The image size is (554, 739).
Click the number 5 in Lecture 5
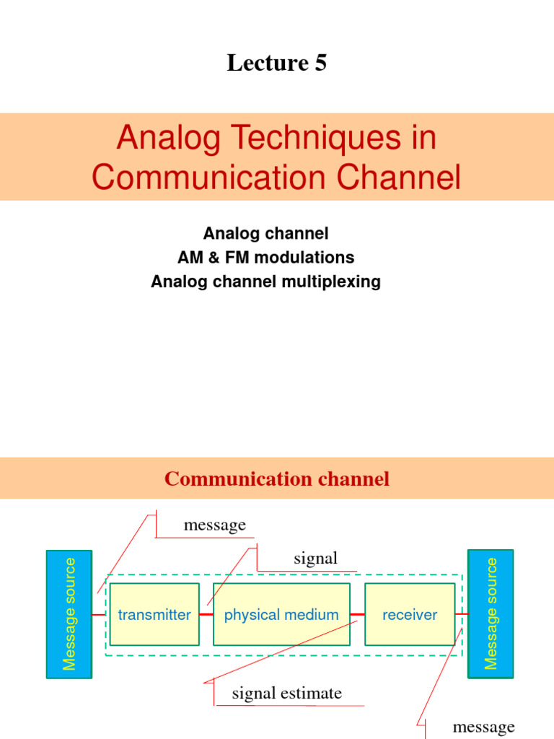coord(320,64)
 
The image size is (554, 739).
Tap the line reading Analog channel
coord(265,234)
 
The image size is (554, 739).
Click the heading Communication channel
coord(277,478)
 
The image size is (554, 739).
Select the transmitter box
coord(154,615)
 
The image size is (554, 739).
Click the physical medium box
coord(281,615)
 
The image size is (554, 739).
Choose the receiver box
coord(410,615)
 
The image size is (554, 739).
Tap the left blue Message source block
coord(69,614)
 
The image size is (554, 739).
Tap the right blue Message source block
coord(491,614)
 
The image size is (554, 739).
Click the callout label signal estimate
coord(286,694)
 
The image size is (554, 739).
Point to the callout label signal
coord(315,559)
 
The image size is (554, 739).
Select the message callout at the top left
coord(214,525)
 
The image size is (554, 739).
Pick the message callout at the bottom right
coord(483,727)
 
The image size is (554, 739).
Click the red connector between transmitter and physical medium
coord(206,615)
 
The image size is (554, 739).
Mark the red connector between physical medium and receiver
coord(357,615)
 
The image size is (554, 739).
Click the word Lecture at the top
coord(267,64)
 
